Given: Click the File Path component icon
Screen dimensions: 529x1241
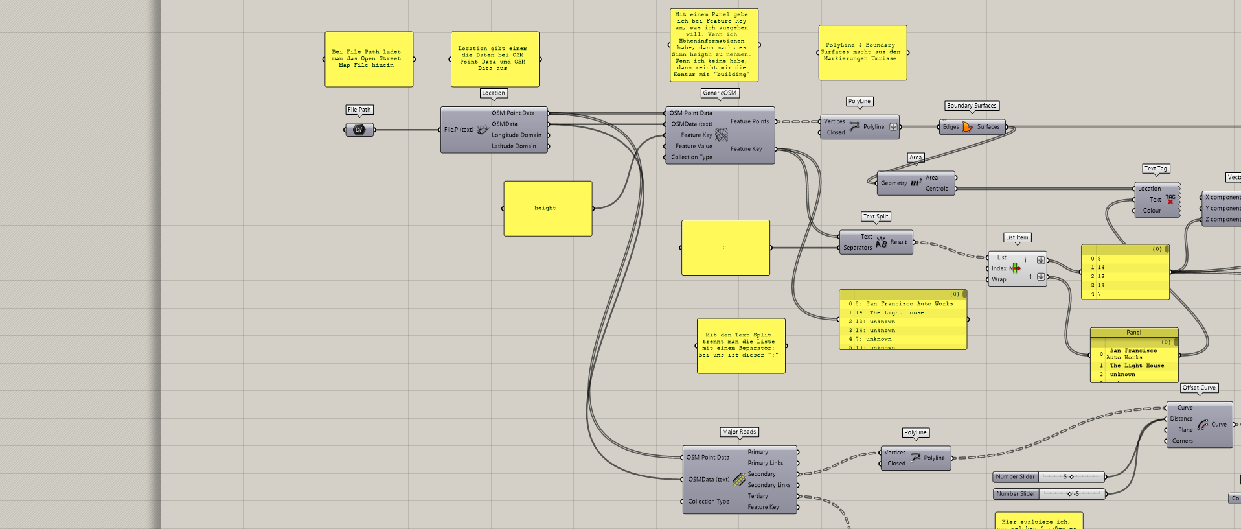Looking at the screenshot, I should pyautogui.click(x=359, y=130).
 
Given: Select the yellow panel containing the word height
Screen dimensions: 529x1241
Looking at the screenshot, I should pyautogui.click(x=547, y=208).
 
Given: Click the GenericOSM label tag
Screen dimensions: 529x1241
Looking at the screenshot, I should pyautogui.click(x=720, y=93).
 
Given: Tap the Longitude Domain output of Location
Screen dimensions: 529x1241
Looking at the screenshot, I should pyautogui.click(x=516, y=135).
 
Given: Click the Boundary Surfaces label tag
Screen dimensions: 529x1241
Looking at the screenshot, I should pyautogui.click(x=971, y=106).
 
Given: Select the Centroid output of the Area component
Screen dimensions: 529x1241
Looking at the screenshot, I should pyautogui.click(x=937, y=189).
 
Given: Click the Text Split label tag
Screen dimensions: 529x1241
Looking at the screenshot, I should pyautogui.click(x=876, y=217).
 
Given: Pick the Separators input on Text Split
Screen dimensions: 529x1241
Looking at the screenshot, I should pyautogui.click(x=858, y=248).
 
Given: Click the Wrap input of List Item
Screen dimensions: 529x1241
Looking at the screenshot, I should pyautogui.click(x=999, y=279).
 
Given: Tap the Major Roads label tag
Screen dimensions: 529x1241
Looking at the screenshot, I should pyautogui.click(x=739, y=432).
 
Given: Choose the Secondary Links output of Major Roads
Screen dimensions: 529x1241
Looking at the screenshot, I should pyautogui.click(x=769, y=485).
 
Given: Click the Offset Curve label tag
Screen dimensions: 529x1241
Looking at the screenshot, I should pyautogui.click(x=1199, y=388).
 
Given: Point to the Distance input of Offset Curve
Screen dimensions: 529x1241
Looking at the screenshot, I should pyautogui.click(x=1181, y=419).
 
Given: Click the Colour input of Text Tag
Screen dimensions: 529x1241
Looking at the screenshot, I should pyautogui.click(x=1152, y=211).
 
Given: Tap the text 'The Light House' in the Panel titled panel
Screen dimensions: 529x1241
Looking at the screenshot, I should pyautogui.click(x=1137, y=366).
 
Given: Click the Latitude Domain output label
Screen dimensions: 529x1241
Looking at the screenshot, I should pyautogui.click(x=514, y=146).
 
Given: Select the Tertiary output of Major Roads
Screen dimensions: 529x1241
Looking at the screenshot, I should pyautogui.click(x=758, y=496).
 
